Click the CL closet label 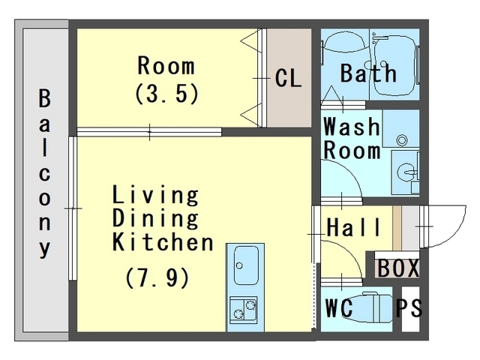pyautogui.click(x=288, y=78)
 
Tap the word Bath pyautogui.click(x=368, y=73)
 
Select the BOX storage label pyautogui.click(x=398, y=268)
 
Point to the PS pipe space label pyautogui.click(x=409, y=307)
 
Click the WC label pyautogui.click(x=339, y=307)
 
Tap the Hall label pyautogui.click(x=354, y=226)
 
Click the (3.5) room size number pyautogui.click(x=166, y=93)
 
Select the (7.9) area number pyautogui.click(x=157, y=278)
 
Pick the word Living pyautogui.click(x=155, y=195)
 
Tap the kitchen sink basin pyautogui.click(x=246, y=265)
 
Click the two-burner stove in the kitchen pyautogui.click(x=243, y=310)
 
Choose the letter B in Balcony pyautogui.click(x=45, y=98)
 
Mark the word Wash pyautogui.click(x=352, y=126)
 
